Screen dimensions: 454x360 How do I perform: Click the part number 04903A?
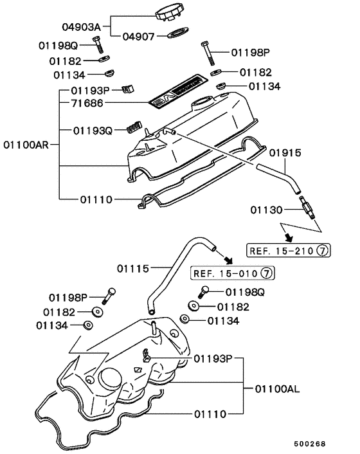pos(80,28)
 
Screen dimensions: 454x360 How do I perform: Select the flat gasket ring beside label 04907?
pos(178,33)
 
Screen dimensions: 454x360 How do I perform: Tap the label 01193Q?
pos(93,131)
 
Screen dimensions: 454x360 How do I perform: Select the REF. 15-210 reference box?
pos(288,250)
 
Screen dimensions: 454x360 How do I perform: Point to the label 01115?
pos(134,268)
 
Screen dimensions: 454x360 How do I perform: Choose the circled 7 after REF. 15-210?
pos(323,250)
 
